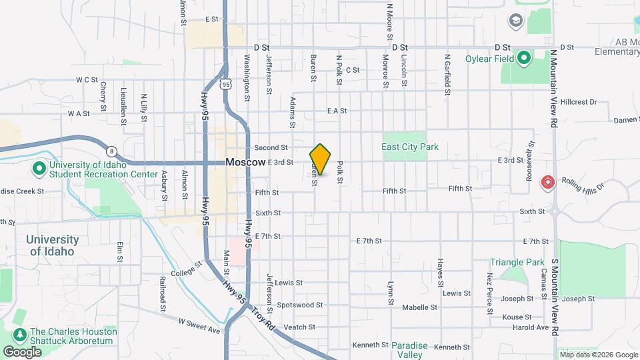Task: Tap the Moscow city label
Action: [245, 162]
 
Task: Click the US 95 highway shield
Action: [226, 84]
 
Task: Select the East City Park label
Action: [409, 147]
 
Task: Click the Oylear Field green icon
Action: [523, 57]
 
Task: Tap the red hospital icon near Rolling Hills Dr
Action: [548, 181]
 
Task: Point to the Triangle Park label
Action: [517, 263]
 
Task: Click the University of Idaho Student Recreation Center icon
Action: [38, 169]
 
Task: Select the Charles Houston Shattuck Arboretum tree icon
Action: [19, 333]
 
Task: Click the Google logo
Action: [21, 351]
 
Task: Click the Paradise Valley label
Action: [409, 350]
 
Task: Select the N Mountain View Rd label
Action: [553, 88]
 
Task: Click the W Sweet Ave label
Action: [199, 325]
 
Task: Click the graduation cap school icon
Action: [515, 21]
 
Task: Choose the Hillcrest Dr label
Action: [579, 102]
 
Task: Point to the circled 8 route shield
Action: [111, 151]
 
